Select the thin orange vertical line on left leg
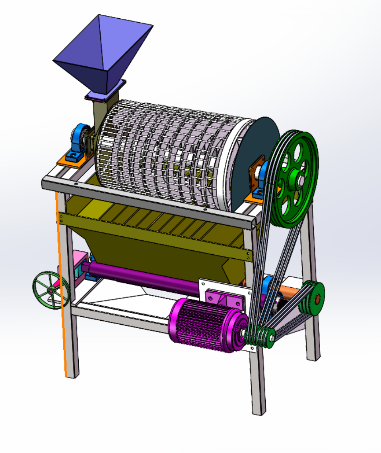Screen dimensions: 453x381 pyautogui.click(x=62, y=298)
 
